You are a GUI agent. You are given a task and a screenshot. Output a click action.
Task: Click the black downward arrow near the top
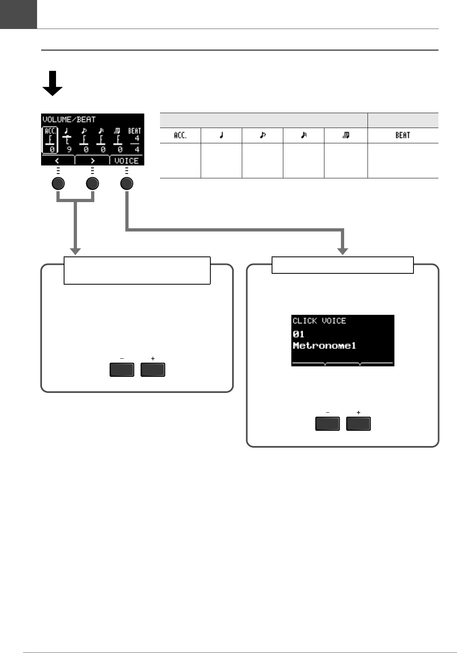pyautogui.click(x=52, y=84)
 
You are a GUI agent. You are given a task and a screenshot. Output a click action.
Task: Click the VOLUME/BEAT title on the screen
pyautogui.click(x=69, y=120)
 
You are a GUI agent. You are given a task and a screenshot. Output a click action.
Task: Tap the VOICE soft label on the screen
pyautogui.click(x=126, y=161)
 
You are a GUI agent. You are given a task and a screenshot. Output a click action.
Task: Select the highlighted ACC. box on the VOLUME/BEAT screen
pyautogui.click(x=50, y=141)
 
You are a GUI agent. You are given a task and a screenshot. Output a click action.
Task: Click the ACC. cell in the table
pyautogui.click(x=180, y=135)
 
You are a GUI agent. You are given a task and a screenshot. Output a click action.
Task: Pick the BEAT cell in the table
pyautogui.click(x=403, y=135)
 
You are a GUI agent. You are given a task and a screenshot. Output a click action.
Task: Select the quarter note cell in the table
pyautogui.click(x=221, y=135)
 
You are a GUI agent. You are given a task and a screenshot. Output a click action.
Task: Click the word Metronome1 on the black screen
pyautogui.click(x=324, y=346)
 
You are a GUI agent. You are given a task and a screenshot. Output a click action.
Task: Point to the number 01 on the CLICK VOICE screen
pyautogui.click(x=299, y=334)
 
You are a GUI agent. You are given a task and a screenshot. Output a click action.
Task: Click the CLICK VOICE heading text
pyautogui.click(x=319, y=321)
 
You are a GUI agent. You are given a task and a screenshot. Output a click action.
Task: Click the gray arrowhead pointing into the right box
pyautogui.click(x=343, y=251)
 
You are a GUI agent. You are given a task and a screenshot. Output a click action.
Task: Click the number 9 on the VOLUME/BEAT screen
pyautogui.click(x=69, y=150)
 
